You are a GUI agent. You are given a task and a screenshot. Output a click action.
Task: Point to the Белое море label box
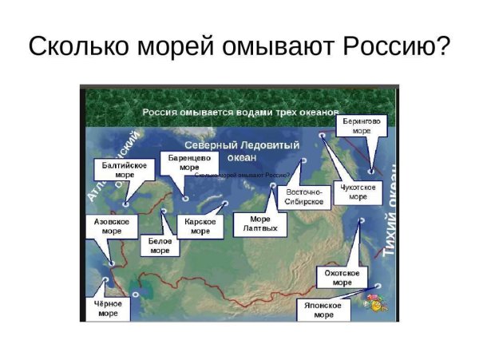pyautogui.click(x=160, y=244)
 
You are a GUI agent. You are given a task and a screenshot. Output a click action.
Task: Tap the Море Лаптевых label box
pyautogui.click(x=259, y=224)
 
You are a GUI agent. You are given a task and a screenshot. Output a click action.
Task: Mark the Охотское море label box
pyautogui.click(x=342, y=277)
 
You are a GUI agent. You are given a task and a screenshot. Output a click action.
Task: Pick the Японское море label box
pyautogui.click(x=323, y=310)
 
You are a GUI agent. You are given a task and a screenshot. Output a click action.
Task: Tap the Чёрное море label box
pyautogui.click(x=109, y=308)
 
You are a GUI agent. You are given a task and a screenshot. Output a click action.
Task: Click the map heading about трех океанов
pyautogui.click(x=240, y=113)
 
